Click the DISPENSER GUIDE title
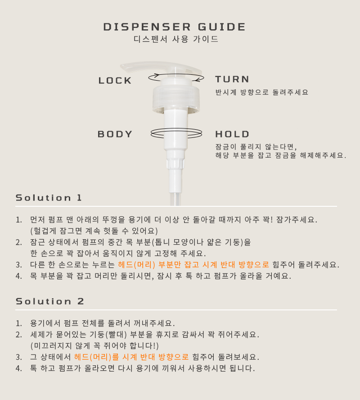coord(174,27)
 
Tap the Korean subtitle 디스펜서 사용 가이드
coord(176,39)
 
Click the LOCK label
coord(115,81)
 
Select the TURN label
coord(232,79)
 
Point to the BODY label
coord(115,134)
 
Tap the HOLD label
coord(232,134)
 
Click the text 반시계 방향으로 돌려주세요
coord(262,92)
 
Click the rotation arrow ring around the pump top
coord(176,74)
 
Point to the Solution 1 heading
coord(49,198)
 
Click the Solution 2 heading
coord(49,301)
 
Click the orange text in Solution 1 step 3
coord(193,264)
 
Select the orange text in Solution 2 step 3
coord(131,357)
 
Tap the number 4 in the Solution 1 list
coord(18,276)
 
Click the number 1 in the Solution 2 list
coord(18,323)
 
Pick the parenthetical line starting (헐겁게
coord(94,231)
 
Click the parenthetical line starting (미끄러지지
coord(94,345)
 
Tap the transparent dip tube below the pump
coord(175,199)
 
